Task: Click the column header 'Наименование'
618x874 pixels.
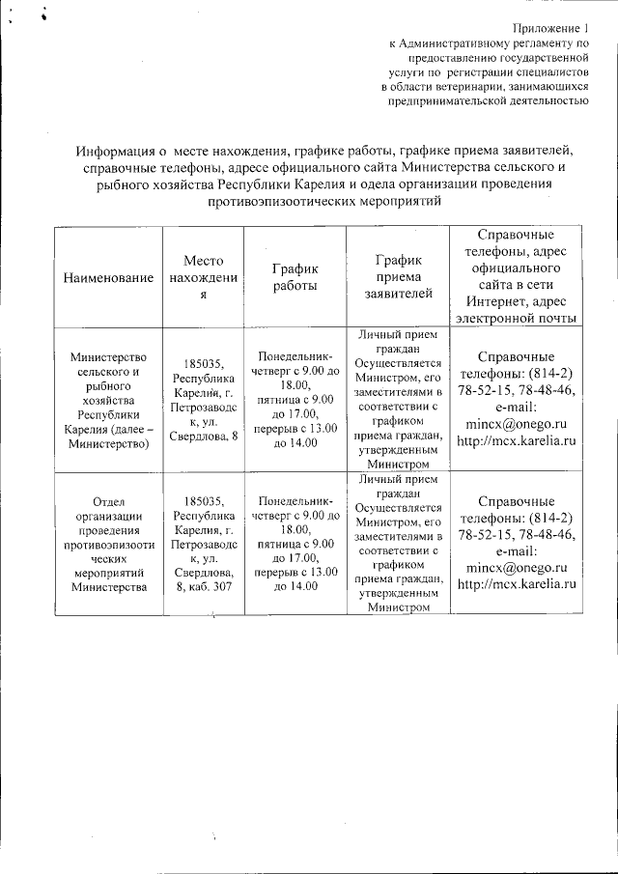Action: click(x=108, y=278)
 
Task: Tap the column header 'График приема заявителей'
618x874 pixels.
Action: click(x=399, y=277)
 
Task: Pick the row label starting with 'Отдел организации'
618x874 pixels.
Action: click(x=108, y=543)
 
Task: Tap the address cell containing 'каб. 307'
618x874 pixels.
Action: click(x=203, y=543)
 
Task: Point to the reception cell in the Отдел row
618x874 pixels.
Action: click(x=399, y=543)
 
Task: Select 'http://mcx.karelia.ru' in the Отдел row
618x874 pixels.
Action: click(x=517, y=584)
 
